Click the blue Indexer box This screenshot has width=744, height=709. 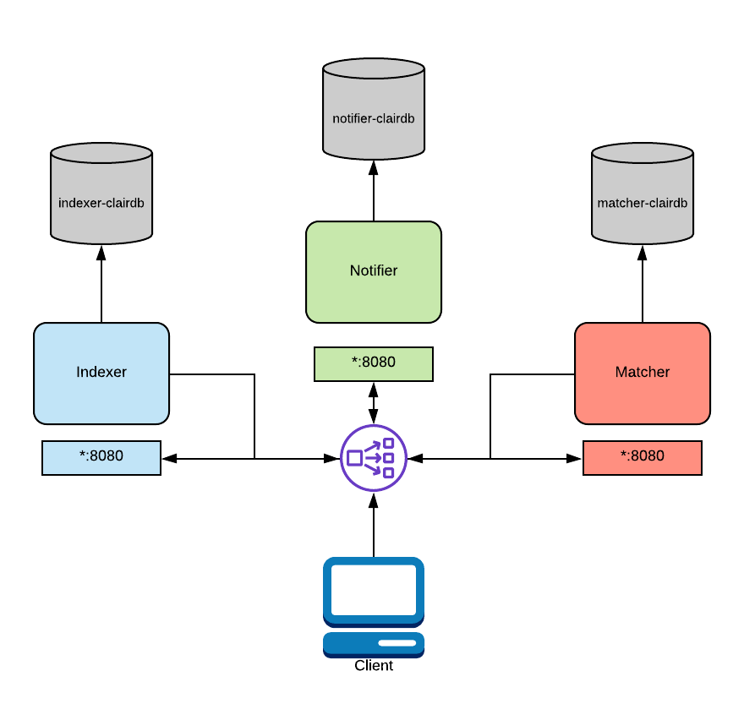click(x=101, y=373)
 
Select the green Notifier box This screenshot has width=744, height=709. click(x=374, y=271)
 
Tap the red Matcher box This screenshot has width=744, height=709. click(x=643, y=373)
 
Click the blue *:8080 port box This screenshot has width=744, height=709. click(x=101, y=457)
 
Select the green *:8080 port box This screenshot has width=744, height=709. click(x=374, y=363)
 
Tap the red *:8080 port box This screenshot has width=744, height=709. click(x=643, y=457)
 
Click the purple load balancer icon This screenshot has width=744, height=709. click(x=374, y=458)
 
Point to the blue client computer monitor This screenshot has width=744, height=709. click(x=374, y=592)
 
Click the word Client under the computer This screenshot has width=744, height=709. click(x=374, y=666)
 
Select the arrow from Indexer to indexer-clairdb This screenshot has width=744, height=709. click(x=101, y=283)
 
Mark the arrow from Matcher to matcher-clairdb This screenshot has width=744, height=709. click(x=643, y=283)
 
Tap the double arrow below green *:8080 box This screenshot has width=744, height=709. click(x=374, y=402)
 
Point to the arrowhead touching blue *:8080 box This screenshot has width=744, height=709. click(x=168, y=458)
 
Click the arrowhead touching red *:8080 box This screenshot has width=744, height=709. click(x=576, y=458)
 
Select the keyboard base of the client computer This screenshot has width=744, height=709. click(x=374, y=644)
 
